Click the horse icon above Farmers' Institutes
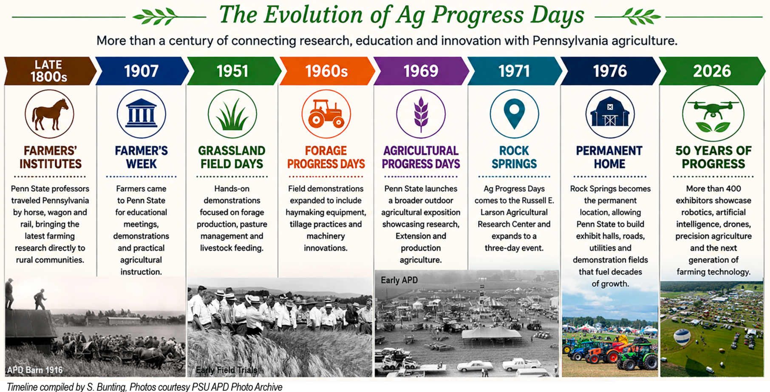(x=49, y=114)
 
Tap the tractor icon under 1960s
(x=326, y=114)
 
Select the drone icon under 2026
(x=713, y=114)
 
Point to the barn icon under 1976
(x=610, y=114)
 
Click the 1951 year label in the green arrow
(x=232, y=71)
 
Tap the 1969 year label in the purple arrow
(x=421, y=71)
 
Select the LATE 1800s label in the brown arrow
(x=48, y=71)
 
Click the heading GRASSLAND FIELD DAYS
(x=232, y=157)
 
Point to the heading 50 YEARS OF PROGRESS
(x=713, y=157)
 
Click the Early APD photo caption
(x=399, y=280)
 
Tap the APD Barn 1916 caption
(x=35, y=370)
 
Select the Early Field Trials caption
(x=226, y=370)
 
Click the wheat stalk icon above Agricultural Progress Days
(x=421, y=114)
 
